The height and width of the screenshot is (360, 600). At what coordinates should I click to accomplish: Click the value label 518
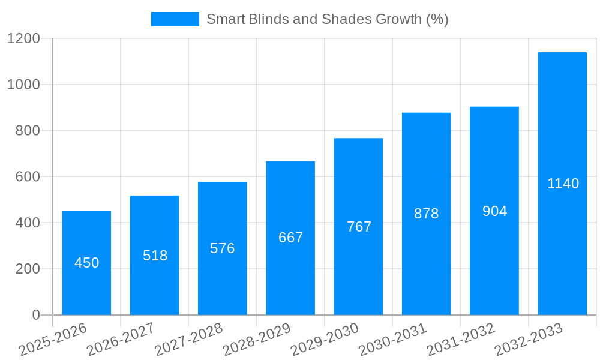click(155, 256)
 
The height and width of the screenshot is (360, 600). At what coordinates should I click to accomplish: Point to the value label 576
click(223, 248)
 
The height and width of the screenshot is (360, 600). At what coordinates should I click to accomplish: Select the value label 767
click(359, 227)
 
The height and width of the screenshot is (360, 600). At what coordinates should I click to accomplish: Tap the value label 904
click(494, 211)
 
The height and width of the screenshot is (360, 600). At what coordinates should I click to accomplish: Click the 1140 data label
click(563, 184)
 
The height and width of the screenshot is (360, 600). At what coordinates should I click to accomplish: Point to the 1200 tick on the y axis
click(23, 39)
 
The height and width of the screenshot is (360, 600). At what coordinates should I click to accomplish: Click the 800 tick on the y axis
click(28, 131)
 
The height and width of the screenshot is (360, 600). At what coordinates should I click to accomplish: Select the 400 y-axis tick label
click(28, 223)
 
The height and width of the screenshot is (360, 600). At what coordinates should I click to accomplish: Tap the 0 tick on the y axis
click(35, 315)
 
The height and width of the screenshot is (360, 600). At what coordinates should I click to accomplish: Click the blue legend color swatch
click(175, 19)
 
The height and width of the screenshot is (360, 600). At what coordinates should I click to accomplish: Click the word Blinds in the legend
click(268, 19)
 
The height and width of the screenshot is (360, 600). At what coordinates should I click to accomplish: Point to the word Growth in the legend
click(398, 19)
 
